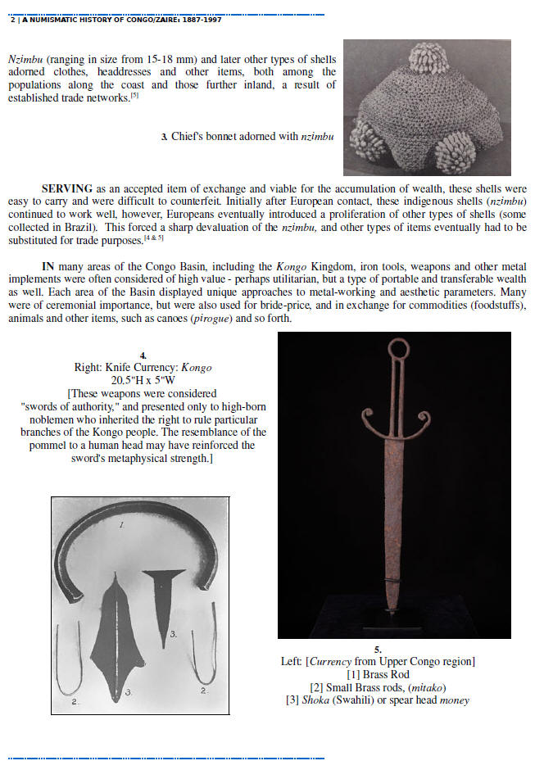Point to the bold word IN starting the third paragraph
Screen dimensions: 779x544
49,266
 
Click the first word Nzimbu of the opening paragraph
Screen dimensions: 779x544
25,59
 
